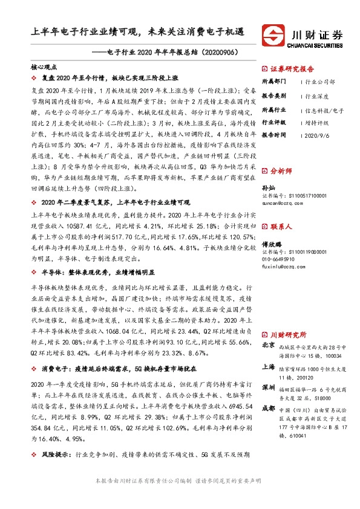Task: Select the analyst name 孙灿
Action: pos(267,188)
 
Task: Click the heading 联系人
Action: pos(281,227)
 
